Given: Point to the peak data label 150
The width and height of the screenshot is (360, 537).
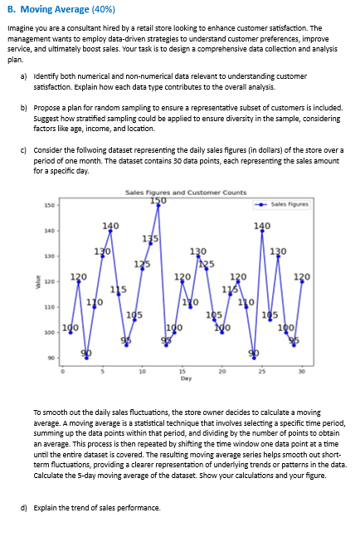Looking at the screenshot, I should click(157, 200).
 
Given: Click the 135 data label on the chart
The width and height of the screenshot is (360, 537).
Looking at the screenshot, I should click(150, 238).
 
